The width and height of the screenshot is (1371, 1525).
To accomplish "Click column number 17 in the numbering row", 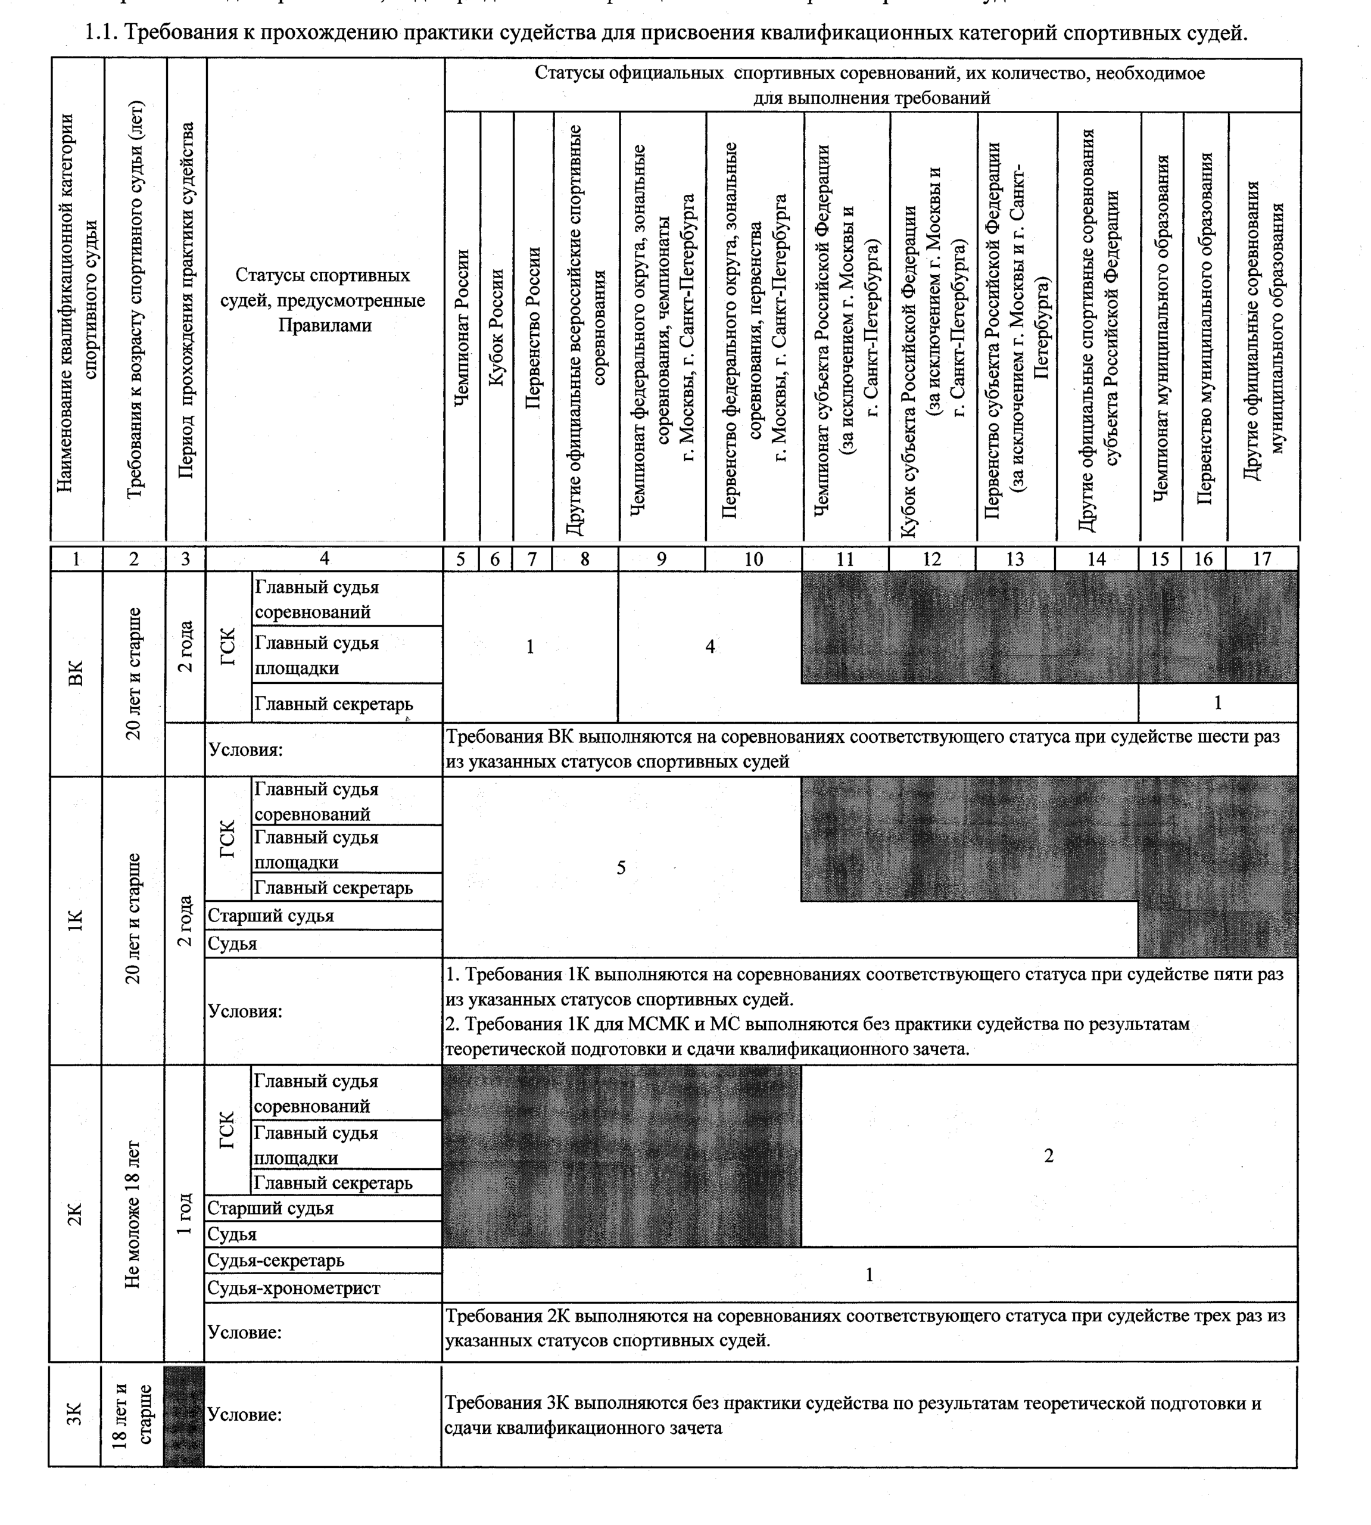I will [1262, 558].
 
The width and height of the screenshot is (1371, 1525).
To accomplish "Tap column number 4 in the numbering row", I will [324, 558].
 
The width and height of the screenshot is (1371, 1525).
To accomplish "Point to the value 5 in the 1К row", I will [621, 867].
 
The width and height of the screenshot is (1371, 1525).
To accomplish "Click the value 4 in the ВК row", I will [709, 646].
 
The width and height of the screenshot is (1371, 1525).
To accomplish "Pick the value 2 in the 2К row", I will [1049, 1155].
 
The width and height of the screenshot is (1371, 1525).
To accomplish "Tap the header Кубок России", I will [497, 328].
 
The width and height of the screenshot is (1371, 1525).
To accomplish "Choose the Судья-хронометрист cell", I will [294, 1288].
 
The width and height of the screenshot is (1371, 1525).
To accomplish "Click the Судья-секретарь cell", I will [276, 1261].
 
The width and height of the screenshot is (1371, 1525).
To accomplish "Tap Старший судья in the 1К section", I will [270, 916].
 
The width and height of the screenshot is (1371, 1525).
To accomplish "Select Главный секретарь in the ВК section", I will [334, 703].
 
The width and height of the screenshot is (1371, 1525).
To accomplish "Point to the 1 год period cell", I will [185, 1213].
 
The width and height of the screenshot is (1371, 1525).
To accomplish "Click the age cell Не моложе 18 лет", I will [133, 1213].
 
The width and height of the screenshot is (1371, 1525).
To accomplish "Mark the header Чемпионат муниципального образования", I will [1161, 328].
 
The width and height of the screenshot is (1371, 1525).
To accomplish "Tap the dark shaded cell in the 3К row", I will [184, 1416].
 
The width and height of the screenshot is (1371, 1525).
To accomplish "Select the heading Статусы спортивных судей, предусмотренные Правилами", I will [323, 300].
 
